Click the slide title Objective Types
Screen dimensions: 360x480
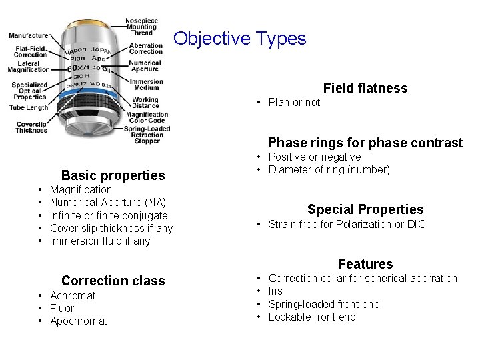click(x=240, y=38)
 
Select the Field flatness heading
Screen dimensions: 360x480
click(x=365, y=88)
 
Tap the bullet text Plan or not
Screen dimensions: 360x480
click(x=294, y=102)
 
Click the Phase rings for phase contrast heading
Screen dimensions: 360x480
click(x=365, y=143)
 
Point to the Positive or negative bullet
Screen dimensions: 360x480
click(x=314, y=157)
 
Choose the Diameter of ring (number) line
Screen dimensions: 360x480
click(x=329, y=169)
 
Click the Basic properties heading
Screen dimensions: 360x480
click(x=113, y=175)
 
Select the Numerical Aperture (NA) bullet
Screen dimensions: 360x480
click(x=108, y=202)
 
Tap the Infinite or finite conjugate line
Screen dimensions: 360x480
click(x=109, y=215)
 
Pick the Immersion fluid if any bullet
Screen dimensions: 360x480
click(x=100, y=241)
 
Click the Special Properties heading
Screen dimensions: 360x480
click(x=365, y=209)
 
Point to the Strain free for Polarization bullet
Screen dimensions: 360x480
click(x=346, y=224)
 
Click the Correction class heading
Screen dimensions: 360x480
click(x=113, y=281)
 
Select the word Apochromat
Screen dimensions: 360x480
click(x=78, y=321)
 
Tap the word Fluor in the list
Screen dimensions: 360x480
click(x=62, y=308)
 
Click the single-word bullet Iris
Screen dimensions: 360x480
click(x=275, y=291)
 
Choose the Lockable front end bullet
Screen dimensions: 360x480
click(x=312, y=317)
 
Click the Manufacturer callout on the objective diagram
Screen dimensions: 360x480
click(x=30, y=35)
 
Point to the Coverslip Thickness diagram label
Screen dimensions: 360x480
click(x=32, y=127)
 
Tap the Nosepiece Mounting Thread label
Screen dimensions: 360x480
click(x=141, y=27)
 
